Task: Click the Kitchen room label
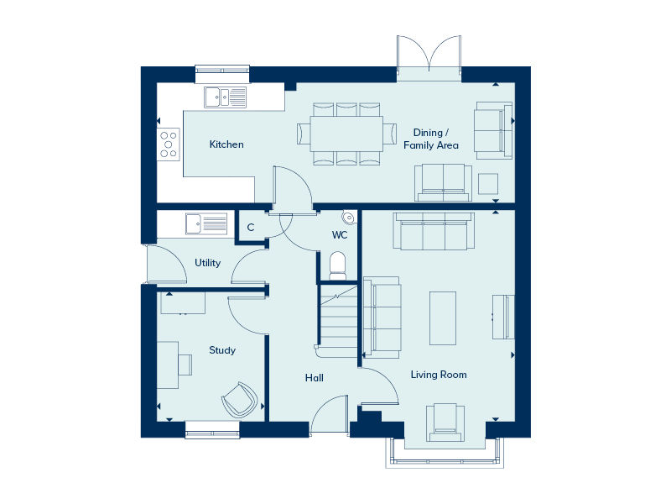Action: tap(226, 144)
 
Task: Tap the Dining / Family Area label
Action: tap(431, 139)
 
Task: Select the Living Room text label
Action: tap(439, 375)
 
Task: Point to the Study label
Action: tap(222, 350)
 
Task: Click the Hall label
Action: tap(314, 377)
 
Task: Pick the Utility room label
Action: tap(207, 262)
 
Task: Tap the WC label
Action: tap(340, 235)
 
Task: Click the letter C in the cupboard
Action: tap(251, 227)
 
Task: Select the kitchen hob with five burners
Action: tap(169, 144)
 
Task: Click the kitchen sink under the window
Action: tap(225, 97)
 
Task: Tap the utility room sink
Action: tap(206, 223)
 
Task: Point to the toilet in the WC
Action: tap(338, 266)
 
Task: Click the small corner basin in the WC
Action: tap(349, 218)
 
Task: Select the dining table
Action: tap(346, 134)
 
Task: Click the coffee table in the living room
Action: tap(443, 318)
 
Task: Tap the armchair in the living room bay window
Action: tap(445, 423)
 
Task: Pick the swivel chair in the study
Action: tap(240, 400)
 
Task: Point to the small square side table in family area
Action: tap(488, 184)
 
